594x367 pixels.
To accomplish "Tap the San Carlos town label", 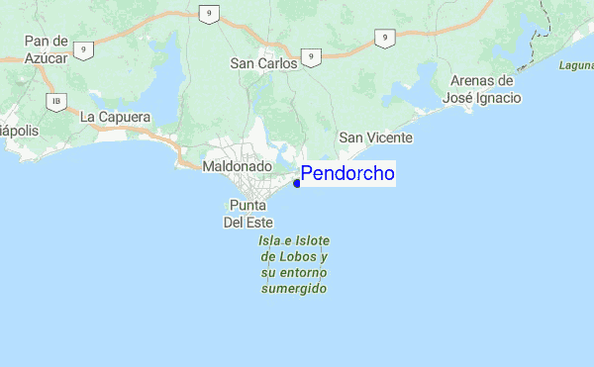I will pos(263,63).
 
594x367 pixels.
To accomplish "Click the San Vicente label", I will pos(375,138).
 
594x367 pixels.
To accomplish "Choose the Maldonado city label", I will pos(237,167).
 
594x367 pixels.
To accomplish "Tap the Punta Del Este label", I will pos(247,214).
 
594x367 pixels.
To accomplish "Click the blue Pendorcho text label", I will pos(347,174).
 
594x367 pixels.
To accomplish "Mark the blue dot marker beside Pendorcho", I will pos(297,182).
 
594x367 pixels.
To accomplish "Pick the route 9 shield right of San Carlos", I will pos(311,58).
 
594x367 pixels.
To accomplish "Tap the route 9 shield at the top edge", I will pos(208,13).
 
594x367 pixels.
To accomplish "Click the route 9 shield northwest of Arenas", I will pos(382,38).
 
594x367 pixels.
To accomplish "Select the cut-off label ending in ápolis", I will pos(18,131).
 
